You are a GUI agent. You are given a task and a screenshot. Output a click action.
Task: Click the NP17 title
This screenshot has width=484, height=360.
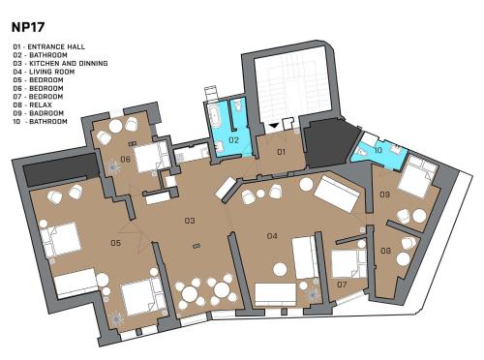28,27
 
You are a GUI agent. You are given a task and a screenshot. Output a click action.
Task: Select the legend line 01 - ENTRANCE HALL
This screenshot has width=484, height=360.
49,46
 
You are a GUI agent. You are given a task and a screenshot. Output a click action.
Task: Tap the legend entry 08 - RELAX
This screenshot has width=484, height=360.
32,105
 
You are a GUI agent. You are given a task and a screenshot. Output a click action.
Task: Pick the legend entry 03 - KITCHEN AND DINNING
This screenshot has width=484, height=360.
60,63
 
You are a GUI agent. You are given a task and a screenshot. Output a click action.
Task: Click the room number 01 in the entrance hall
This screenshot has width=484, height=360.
282,152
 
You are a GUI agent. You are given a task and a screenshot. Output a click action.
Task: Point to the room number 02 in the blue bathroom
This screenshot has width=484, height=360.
233,139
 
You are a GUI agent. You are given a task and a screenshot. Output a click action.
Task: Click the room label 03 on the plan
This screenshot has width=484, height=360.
190,221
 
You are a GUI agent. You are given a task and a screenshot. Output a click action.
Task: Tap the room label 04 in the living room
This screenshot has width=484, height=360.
272,236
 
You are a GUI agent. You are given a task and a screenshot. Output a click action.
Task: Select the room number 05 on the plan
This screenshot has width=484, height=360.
115,243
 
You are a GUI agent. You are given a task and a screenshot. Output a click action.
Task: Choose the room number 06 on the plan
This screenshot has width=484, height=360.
125,159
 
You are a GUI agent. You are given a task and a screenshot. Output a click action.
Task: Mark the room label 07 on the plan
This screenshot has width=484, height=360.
342,285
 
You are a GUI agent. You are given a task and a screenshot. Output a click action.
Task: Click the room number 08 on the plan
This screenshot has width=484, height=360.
385,251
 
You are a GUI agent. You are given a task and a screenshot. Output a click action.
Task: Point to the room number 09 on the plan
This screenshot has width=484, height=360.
384,195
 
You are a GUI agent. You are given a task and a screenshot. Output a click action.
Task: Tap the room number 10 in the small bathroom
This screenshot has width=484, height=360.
378,150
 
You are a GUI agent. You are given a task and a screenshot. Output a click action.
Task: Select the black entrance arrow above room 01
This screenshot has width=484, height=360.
273,126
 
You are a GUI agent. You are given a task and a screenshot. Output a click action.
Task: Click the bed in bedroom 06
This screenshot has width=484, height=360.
152,158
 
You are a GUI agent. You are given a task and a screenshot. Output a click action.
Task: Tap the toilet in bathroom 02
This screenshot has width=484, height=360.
238,105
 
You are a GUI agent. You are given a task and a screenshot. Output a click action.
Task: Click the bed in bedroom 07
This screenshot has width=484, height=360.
349,263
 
